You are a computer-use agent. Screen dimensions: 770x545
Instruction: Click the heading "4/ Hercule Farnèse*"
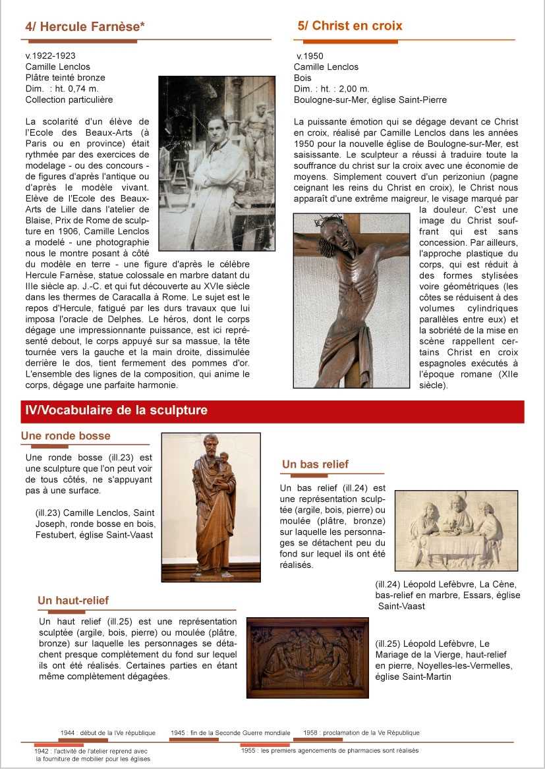(85, 27)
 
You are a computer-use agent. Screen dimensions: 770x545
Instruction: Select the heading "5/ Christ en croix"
(349, 26)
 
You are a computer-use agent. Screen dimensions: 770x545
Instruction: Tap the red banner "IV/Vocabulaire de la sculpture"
(116, 411)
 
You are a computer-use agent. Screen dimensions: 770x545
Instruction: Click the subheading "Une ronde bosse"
(66, 436)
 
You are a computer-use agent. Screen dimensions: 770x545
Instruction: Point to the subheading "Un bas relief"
(315, 464)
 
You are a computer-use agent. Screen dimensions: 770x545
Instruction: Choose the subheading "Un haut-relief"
(73, 601)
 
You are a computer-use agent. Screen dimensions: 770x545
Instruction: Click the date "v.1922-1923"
(50, 56)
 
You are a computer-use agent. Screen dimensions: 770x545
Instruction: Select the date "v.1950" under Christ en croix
(310, 56)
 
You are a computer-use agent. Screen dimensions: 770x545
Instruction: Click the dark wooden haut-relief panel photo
(308, 657)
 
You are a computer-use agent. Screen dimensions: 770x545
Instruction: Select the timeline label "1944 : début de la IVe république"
(107, 733)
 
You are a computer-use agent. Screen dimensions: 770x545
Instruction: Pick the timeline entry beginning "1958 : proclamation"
(361, 733)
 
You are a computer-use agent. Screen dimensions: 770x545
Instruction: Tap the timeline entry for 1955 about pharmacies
(330, 751)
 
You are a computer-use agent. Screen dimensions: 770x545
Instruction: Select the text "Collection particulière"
(69, 100)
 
